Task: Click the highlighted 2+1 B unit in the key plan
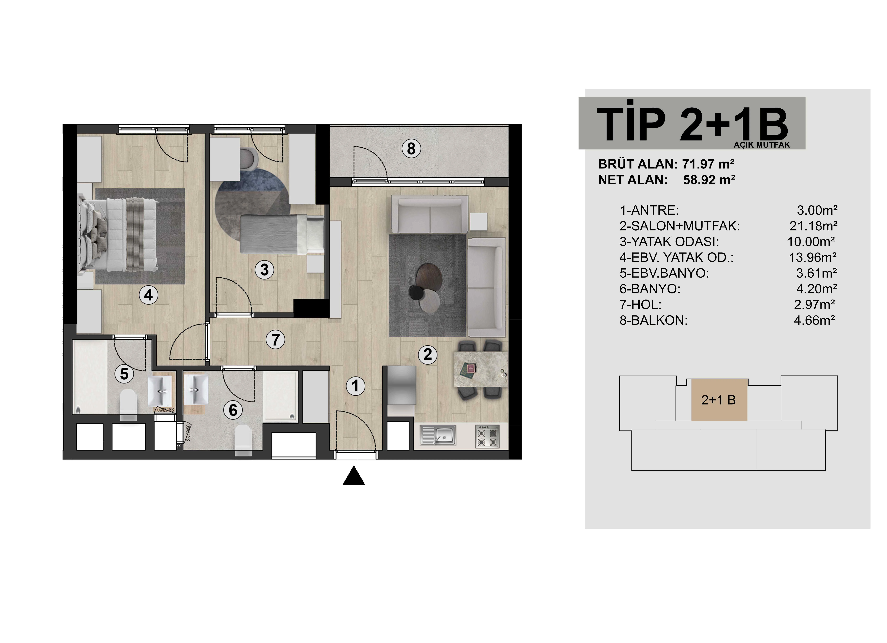[x=719, y=400]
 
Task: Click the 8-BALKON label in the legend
[x=653, y=320]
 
